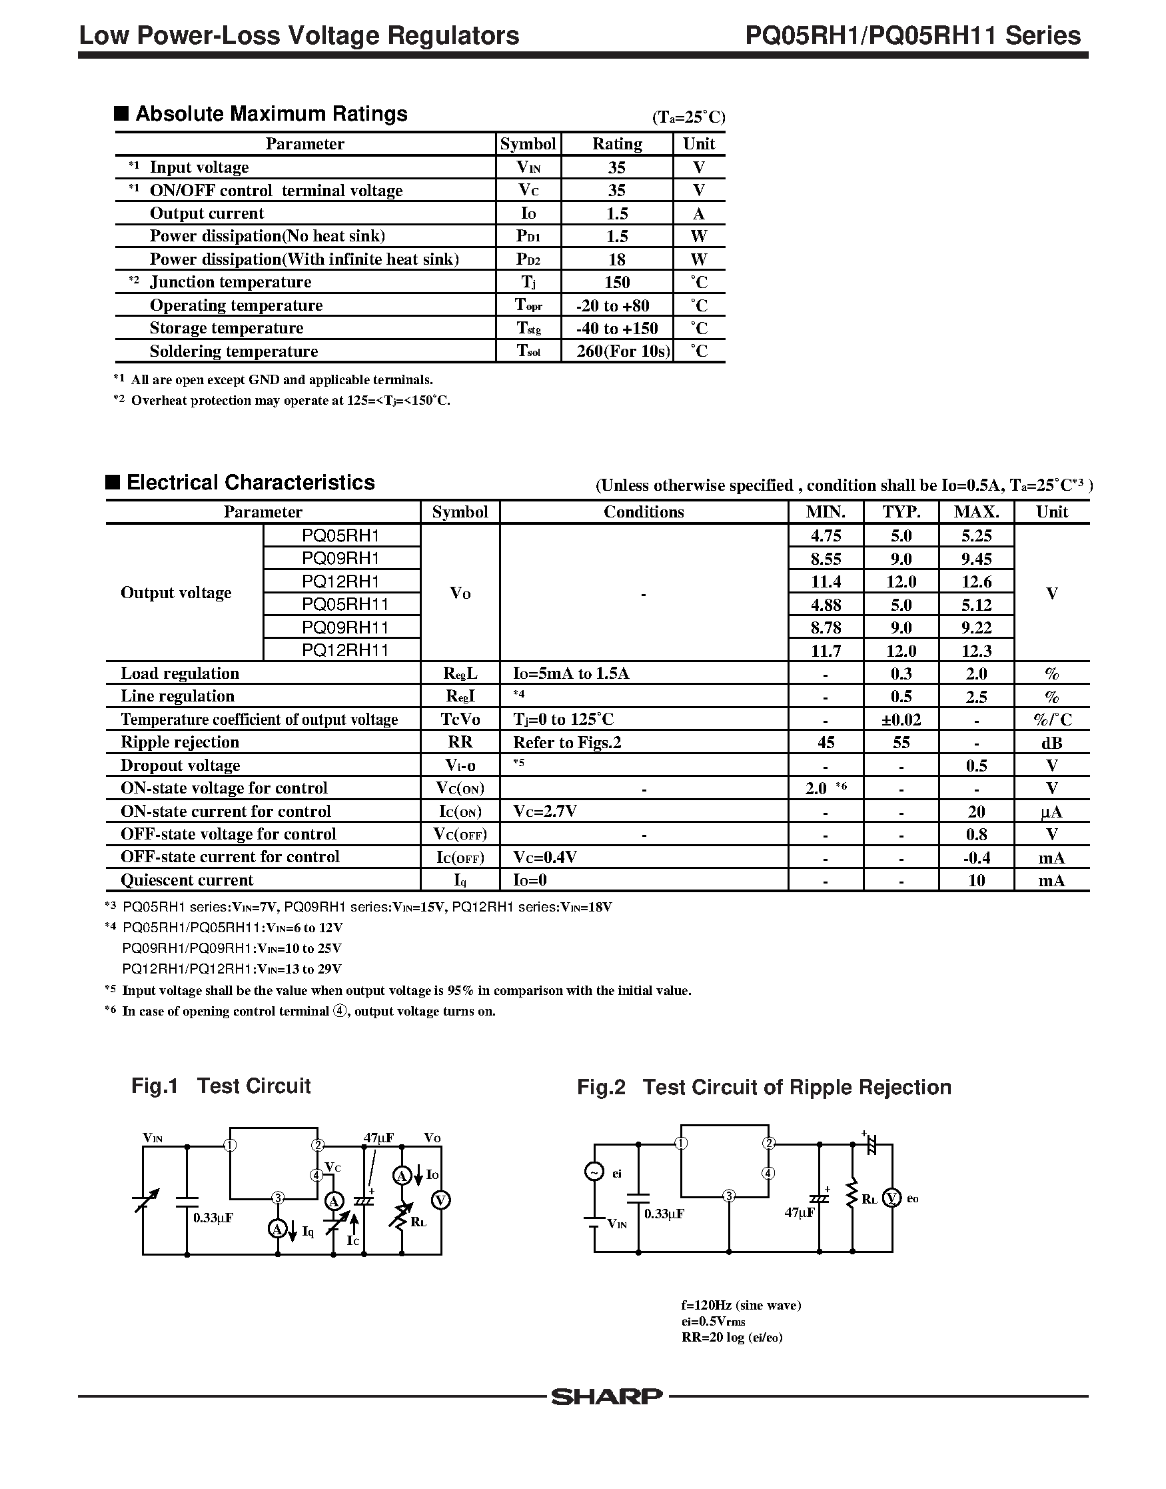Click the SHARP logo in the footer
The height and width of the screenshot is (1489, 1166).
click(x=606, y=1397)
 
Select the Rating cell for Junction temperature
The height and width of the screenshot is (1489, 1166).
click(x=616, y=282)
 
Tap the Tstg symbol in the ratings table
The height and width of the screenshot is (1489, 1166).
click(x=528, y=328)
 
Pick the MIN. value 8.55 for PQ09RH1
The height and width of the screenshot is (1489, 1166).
click(x=826, y=559)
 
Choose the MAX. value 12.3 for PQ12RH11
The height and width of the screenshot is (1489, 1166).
click(x=976, y=651)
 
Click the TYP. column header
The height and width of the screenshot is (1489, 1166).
click(x=901, y=511)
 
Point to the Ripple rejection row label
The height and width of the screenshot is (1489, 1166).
click(x=179, y=742)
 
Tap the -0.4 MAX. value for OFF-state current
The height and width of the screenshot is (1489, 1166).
click(x=976, y=858)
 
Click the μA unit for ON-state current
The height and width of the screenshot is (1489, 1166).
click(x=1051, y=812)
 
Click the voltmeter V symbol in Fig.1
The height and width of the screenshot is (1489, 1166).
click(x=442, y=1200)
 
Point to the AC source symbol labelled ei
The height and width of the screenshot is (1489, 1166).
click(x=594, y=1172)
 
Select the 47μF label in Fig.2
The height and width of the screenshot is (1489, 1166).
click(x=800, y=1213)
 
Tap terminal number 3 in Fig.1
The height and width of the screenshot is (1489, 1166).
click(x=278, y=1198)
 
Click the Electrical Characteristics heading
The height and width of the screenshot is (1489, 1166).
click(x=251, y=483)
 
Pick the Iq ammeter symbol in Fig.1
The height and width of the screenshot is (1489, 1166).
click(x=278, y=1230)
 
